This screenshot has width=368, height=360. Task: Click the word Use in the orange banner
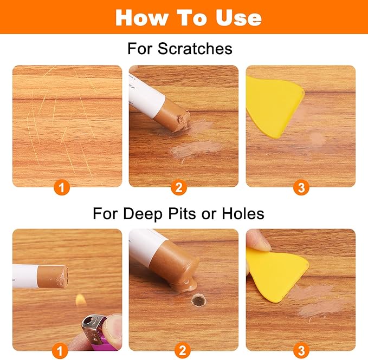click(x=238, y=18)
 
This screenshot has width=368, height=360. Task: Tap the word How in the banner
click(x=142, y=18)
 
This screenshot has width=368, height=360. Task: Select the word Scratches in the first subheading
click(x=195, y=49)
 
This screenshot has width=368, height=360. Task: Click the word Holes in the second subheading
click(x=243, y=213)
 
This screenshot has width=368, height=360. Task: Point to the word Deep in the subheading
click(x=143, y=214)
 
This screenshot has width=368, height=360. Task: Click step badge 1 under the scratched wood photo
click(x=62, y=187)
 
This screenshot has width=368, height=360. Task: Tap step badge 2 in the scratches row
click(x=179, y=187)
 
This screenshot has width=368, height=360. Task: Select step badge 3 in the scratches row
click(x=301, y=187)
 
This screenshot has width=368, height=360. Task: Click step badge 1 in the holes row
click(x=60, y=351)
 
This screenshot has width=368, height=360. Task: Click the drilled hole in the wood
click(x=198, y=300)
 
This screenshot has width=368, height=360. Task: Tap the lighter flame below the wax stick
click(x=81, y=300)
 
